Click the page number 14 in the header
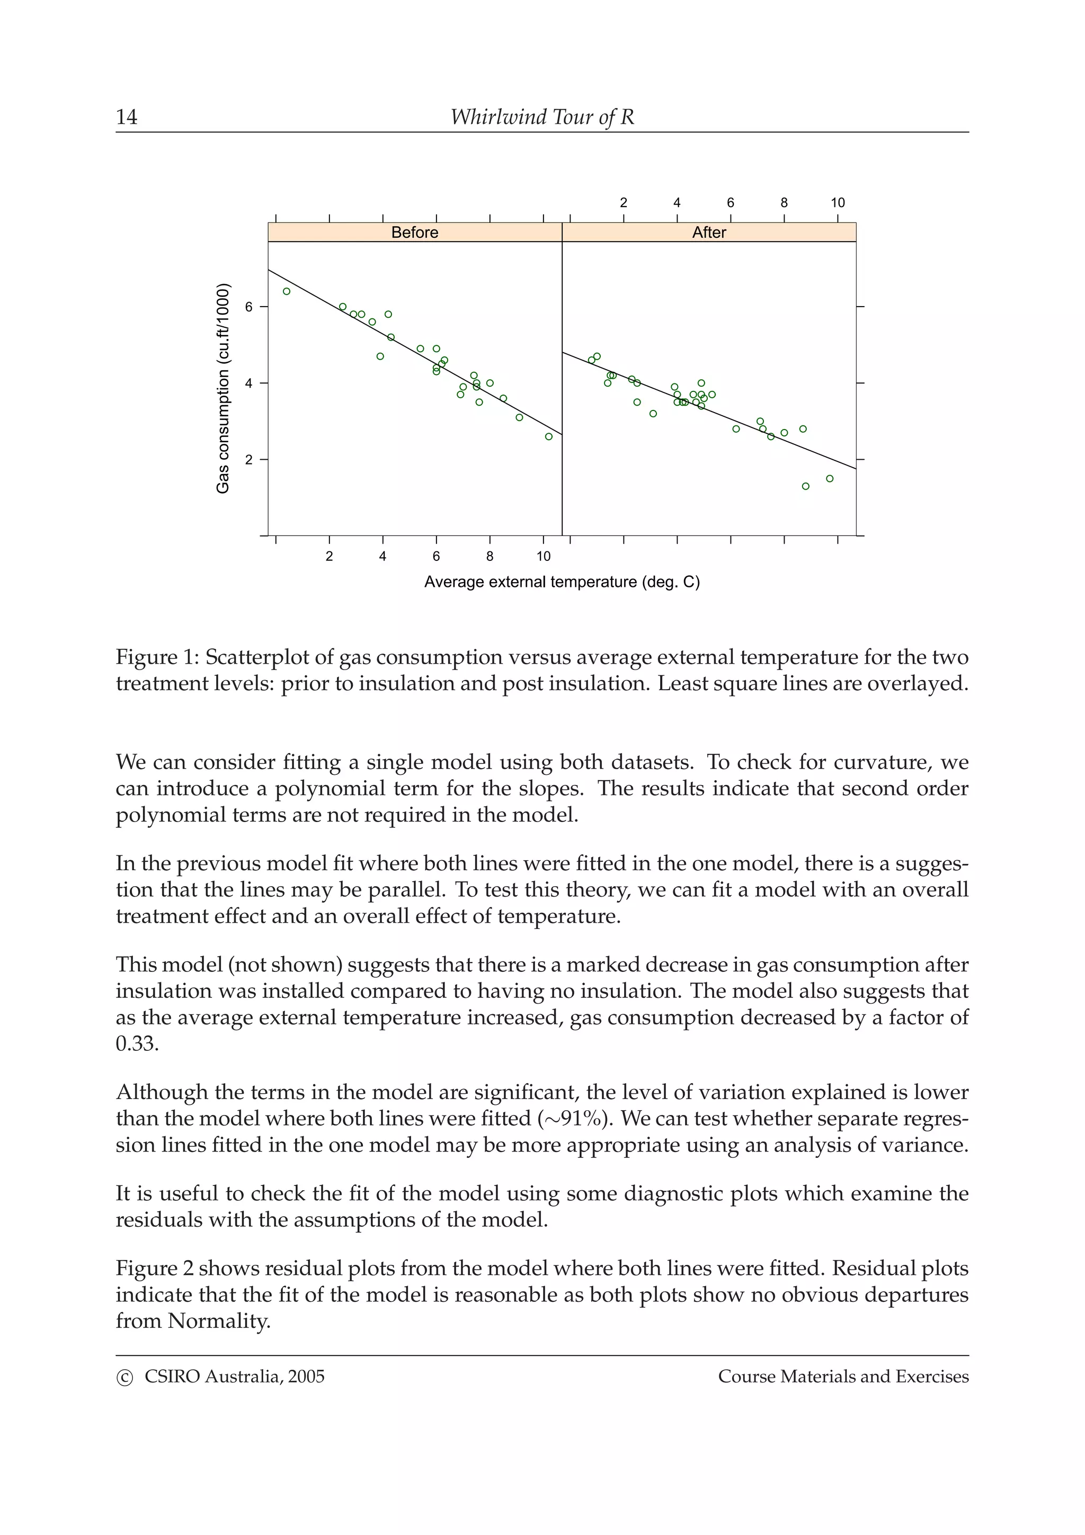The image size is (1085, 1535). pos(126,117)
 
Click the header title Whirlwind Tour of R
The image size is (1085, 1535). pos(541,117)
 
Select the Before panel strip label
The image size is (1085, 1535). pos(414,232)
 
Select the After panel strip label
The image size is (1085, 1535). pos(709,232)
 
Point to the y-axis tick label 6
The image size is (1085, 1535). pos(248,307)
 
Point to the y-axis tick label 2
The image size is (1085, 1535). pos(248,460)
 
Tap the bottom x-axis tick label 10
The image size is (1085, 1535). pos(543,556)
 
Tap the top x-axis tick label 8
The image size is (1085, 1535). pos(784,202)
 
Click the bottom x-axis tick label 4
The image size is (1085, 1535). pos(383,556)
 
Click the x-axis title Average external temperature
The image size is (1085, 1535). pos(562,582)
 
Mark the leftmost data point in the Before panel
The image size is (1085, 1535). pos(287,291)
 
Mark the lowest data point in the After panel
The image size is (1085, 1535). pos(806,486)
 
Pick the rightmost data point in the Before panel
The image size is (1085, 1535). pos(549,436)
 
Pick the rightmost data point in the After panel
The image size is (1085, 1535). pos(830,479)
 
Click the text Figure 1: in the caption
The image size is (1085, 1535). pos(157,657)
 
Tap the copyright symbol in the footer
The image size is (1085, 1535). pos(124,1378)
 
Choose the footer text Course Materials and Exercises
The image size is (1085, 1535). pos(843,1377)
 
